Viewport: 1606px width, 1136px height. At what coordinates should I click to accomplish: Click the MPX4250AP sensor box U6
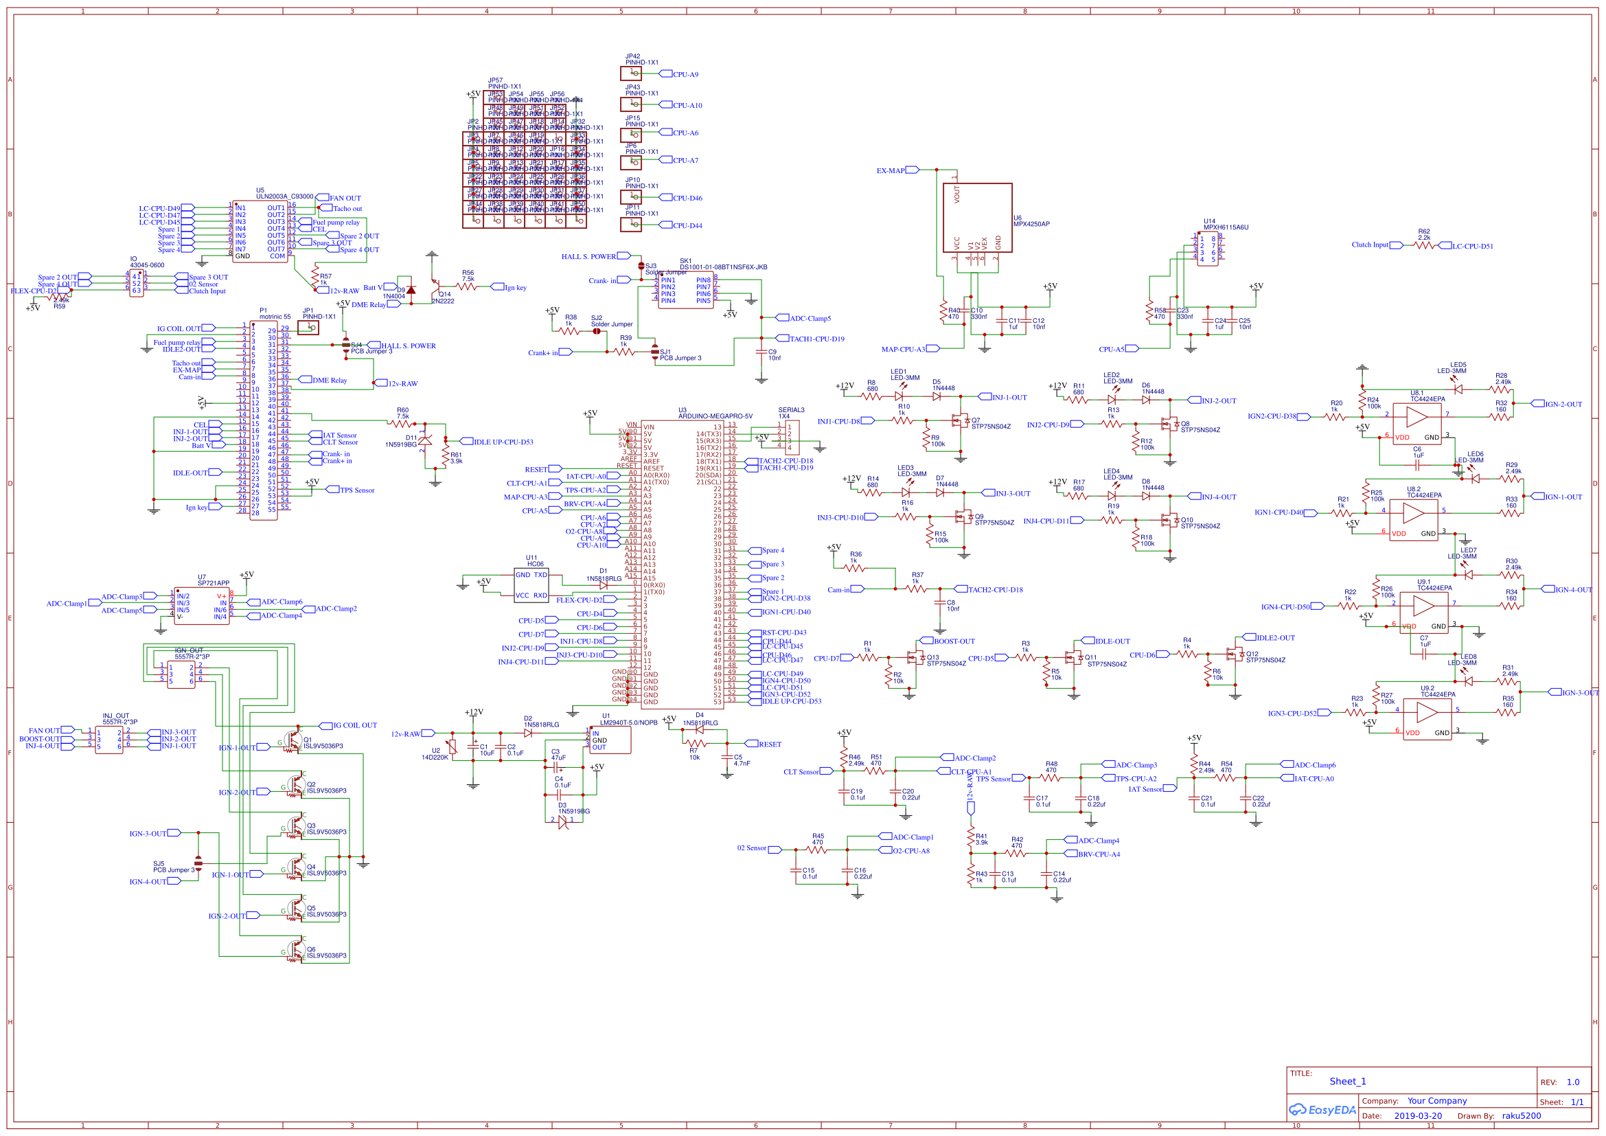click(976, 218)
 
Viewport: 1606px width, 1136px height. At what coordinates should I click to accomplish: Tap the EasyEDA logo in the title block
click(1322, 1110)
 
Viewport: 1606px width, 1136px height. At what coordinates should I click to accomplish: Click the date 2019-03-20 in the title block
click(1418, 1115)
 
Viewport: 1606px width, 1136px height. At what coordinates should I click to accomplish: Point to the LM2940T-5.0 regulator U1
click(610, 740)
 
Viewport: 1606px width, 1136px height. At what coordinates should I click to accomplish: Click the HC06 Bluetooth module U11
click(531, 584)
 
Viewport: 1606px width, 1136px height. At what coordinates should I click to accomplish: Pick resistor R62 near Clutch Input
click(1424, 245)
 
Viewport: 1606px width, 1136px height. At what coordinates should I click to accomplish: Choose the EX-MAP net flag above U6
click(911, 170)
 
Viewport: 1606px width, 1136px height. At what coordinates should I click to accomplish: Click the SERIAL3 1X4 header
click(792, 438)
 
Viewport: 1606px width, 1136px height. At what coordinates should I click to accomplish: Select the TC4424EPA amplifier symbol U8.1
click(1417, 418)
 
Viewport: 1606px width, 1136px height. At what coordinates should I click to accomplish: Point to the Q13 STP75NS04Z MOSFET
click(913, 658)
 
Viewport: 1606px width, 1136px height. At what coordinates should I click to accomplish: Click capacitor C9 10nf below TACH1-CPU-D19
click(761, 354)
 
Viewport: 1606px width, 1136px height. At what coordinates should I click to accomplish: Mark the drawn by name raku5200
click(1522, 1115)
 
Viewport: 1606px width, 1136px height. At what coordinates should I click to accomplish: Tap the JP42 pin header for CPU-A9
click(631, 73)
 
